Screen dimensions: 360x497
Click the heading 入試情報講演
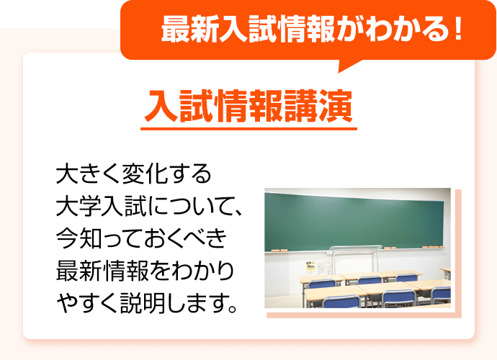248,106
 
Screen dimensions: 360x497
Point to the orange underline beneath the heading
248,130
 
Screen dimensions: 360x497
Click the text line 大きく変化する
134,174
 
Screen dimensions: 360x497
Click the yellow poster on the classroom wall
310,267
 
